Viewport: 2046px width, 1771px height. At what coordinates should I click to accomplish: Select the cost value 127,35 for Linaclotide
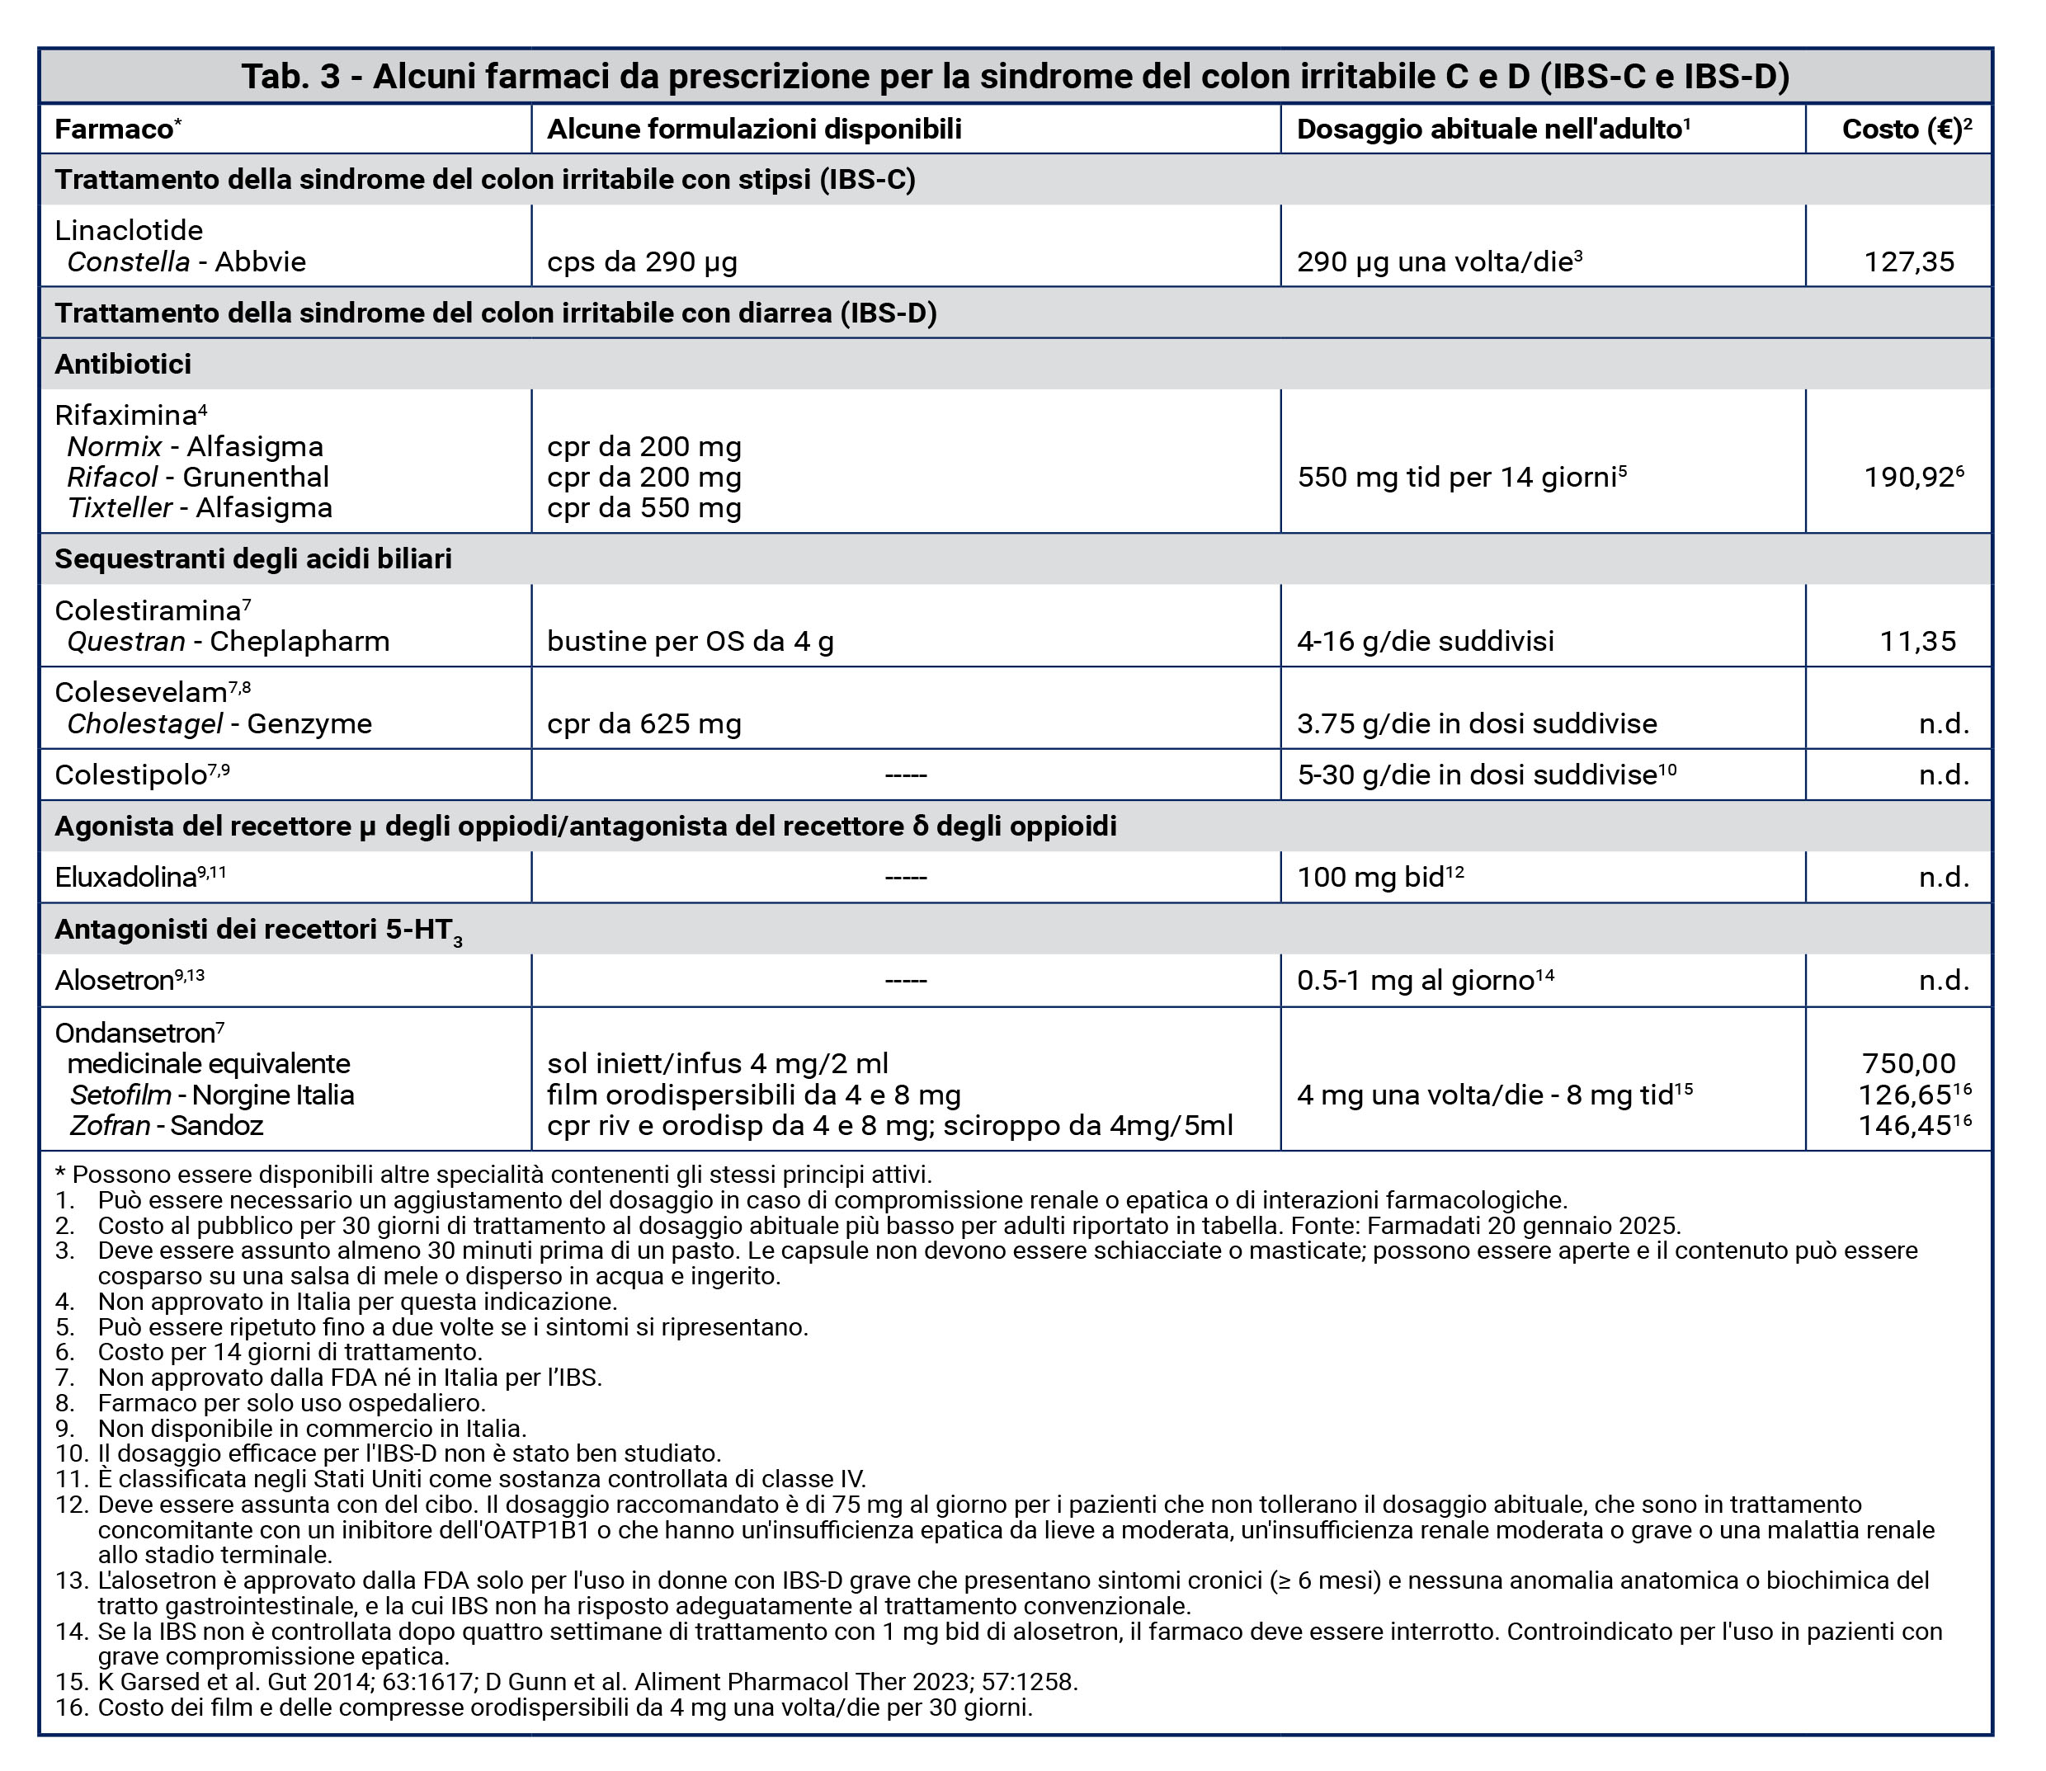coord(1908,261)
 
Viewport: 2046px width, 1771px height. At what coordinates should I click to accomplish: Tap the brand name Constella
coord(129,261)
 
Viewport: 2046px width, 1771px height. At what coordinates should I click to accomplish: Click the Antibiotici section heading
coord(124,365)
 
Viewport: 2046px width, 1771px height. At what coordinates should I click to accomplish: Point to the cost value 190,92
coord(1907,478)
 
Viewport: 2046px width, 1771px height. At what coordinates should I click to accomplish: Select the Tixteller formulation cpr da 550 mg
coord(643,508)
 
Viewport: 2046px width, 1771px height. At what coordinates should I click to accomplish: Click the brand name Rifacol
coord(111,478)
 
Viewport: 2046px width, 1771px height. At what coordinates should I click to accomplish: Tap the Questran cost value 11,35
coord(1917,642)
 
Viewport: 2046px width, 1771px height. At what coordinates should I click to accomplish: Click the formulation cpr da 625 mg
coord(643,723)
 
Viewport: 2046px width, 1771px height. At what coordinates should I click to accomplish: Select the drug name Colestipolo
coord(130,775)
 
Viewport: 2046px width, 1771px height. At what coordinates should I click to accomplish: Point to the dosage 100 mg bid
coord(1370,878)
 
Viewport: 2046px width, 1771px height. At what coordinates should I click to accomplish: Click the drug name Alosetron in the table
coord(115,981)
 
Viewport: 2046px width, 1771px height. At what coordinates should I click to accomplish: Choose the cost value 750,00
coord(1908,1063)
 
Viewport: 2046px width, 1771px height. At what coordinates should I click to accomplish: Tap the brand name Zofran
coord(110,1126)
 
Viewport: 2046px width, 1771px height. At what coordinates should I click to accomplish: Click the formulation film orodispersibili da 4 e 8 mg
coord(753,1095)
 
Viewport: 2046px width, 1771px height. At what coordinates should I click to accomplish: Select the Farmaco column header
coord(114,130)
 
